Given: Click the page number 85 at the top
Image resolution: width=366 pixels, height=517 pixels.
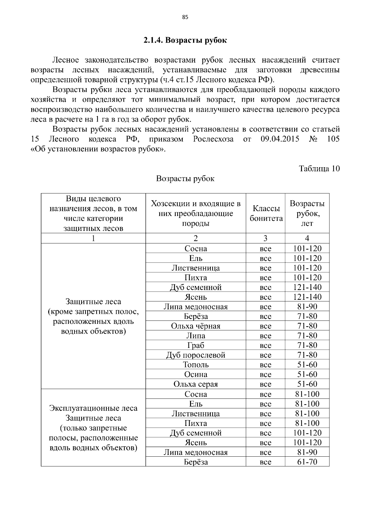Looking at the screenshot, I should click(185, 17).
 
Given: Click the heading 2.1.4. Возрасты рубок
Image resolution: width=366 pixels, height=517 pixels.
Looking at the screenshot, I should click(185, 40).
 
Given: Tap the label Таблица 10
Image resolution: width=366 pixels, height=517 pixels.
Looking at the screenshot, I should click(319, 168).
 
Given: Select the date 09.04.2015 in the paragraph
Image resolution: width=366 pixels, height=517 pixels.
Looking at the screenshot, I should click(280, 139).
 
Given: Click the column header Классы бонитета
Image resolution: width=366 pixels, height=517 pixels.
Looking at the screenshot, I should click(266, 214).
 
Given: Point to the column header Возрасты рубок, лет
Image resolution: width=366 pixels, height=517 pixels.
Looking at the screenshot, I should click(307, 213).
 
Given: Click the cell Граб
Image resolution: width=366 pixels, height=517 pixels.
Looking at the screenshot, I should click(196, 345).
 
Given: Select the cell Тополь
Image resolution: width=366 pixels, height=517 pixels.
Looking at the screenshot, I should click(196, 365).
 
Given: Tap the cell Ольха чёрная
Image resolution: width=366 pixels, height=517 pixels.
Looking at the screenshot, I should click(196, 326).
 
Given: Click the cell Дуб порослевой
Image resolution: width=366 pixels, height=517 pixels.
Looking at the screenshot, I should click(196, 355).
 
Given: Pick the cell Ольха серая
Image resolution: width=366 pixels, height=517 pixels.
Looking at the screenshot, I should click(196, 384).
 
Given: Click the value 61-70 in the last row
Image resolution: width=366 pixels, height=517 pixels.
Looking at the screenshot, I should click(307, 462).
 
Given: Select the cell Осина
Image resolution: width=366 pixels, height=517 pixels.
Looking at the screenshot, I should click(196, 374).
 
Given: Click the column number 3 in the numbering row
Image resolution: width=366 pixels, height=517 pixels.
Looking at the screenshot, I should click(265, 238).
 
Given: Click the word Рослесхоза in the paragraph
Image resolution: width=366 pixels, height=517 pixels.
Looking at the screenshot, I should click(213, 139).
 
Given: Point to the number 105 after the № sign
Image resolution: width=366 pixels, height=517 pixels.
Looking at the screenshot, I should click(333, 139).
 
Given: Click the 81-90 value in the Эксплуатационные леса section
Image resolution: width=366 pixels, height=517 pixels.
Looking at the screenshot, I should click(307, 452).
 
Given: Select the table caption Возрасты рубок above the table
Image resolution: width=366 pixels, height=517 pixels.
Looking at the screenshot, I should click(185, 179).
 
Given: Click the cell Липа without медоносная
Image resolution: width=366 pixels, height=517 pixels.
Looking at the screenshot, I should click(196, 336).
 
